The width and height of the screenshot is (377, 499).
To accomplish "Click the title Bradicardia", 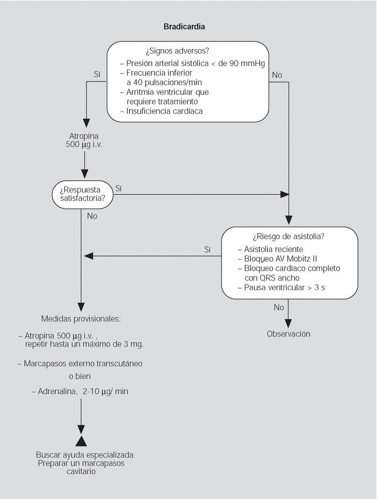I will (184, 26).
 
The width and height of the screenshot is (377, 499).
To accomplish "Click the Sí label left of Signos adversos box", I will (97, 74).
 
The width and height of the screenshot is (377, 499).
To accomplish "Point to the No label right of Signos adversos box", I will (277, 75).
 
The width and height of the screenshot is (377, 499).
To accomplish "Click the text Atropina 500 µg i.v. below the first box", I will (84, 141).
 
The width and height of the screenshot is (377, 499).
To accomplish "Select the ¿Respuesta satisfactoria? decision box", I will (83, 194).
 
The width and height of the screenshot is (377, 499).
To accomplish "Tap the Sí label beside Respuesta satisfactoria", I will (118, 189).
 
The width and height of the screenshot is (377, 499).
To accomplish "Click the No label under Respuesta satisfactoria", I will (92, 216).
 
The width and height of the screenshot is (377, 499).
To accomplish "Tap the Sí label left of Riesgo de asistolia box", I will (208, 249).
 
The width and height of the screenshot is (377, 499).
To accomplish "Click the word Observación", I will (288, 334).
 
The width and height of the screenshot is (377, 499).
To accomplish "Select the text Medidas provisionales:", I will (81, 319).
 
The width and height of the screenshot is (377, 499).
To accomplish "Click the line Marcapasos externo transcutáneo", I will (80, 364).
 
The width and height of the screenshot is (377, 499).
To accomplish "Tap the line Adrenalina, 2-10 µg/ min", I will (80, 392).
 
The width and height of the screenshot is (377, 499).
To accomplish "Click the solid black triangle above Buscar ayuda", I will (81, 440).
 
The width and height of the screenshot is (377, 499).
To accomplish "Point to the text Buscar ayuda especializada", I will (85, 455).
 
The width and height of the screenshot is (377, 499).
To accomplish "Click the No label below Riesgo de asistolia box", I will (279, 307).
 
